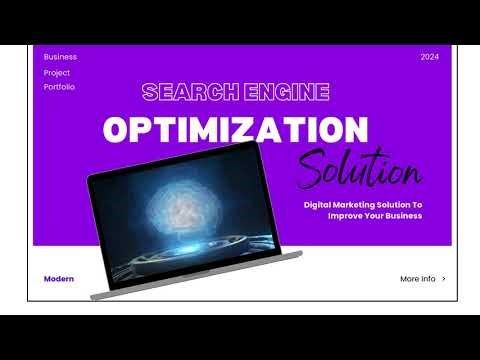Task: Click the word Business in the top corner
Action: coord(60,57)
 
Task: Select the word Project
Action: coord(57,72)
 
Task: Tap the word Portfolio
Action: coord(59,87)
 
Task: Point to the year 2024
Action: coord(430,57)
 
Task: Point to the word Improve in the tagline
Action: coord(345,215)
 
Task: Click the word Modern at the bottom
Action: coord(59,279)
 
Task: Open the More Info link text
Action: coord(417,279)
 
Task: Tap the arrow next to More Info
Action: coord(444,279)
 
